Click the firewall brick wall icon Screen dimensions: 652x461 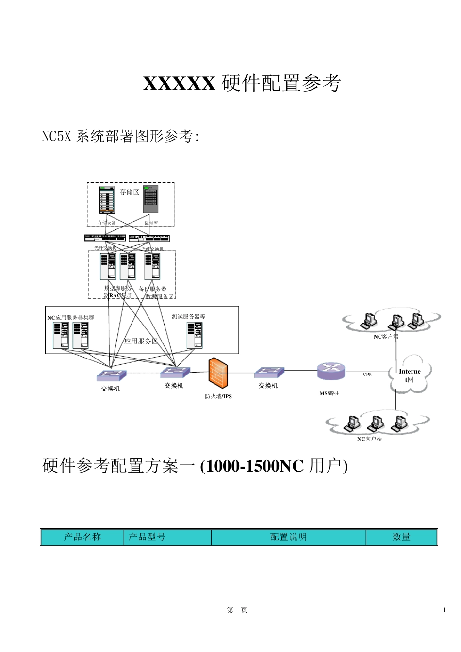coord(218,373)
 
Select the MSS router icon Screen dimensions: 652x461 coord(331,372)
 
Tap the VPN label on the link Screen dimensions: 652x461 coord(367,375)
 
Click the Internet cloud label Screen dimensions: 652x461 coord(410,375)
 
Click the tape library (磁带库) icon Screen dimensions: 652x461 coord(150,199)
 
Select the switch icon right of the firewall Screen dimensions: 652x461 coord(269,373)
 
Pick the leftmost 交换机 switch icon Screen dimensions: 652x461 coord(111,375)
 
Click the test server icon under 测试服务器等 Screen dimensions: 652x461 coord(195,335)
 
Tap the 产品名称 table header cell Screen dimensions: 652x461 coord(82,537)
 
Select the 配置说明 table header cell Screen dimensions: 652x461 coord(288,537)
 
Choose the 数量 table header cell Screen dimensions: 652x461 coord(401,537)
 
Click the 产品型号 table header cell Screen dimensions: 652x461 coord(147,537)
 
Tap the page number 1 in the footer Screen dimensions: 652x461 coord(444,610)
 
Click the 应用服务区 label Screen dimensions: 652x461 coord(141,341)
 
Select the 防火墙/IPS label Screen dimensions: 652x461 coord(218,396)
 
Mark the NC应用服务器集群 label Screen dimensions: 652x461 coord(71,318)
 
